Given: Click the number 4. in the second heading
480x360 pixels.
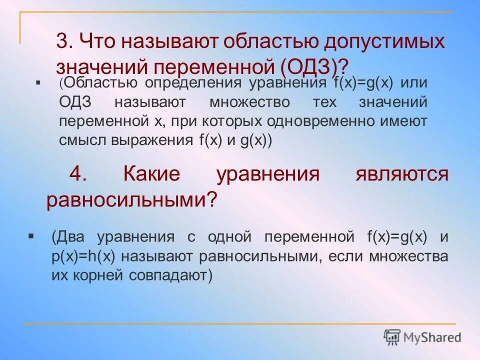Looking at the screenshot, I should pos(79,175).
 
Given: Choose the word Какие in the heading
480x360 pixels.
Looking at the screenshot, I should pos(151,175).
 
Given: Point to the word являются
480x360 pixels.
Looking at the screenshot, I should pos(401,175).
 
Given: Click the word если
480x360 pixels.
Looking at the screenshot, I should pos(344,256).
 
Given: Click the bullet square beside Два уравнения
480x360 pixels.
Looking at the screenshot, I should pos(31,234).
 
